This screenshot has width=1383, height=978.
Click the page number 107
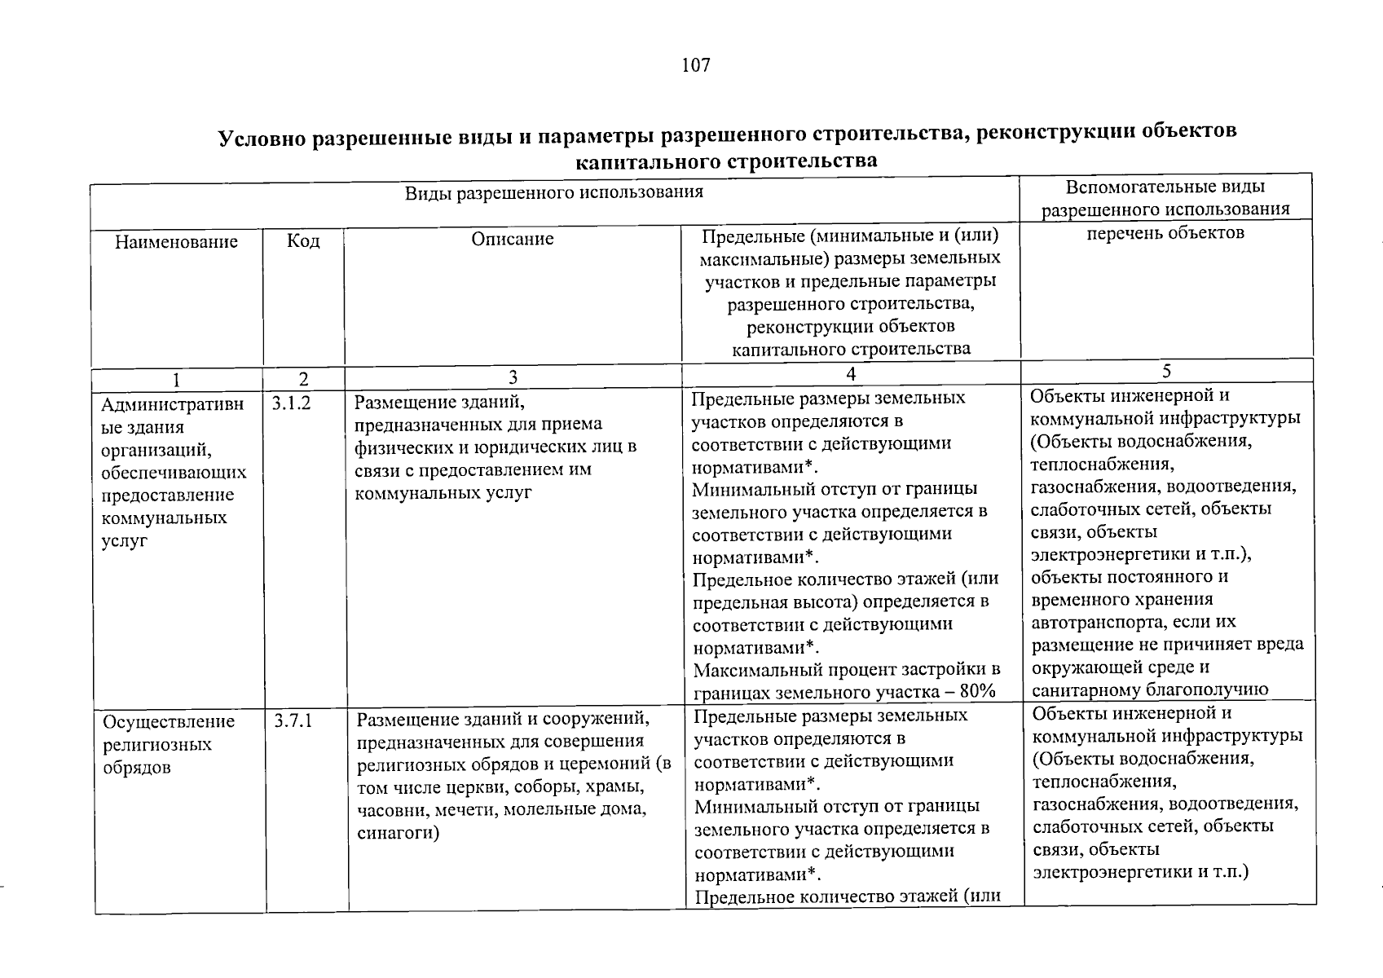(696, 65)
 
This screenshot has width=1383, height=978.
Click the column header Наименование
(176, 242)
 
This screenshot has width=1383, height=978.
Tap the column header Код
(303, 241)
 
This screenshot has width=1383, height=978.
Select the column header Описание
(512, 239)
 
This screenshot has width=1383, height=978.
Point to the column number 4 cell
(851, 373)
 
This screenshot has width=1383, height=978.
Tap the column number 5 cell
(1166, 372)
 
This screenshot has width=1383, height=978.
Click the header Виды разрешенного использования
(553, 193)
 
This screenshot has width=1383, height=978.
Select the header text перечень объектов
(1165, 233)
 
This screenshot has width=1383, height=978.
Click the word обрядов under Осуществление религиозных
(137, 768)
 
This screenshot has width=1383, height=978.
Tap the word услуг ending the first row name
(124, 540)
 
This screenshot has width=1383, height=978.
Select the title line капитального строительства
(726, 161)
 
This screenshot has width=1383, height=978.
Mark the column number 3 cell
(513, 377)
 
